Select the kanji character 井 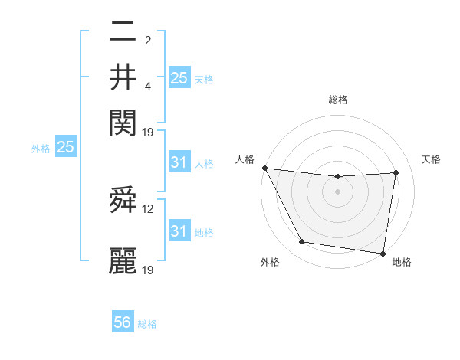123,77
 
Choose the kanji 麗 123,260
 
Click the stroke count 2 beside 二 147,41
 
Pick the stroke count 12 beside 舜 149,208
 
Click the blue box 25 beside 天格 179,77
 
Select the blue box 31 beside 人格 179,162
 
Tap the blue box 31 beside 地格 179,231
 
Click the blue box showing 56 122,322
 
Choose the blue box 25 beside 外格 65,148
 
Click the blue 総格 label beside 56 147,324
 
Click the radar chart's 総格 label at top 337,100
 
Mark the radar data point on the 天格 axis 396,172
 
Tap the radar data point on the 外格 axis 302,242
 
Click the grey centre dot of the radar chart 337,191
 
